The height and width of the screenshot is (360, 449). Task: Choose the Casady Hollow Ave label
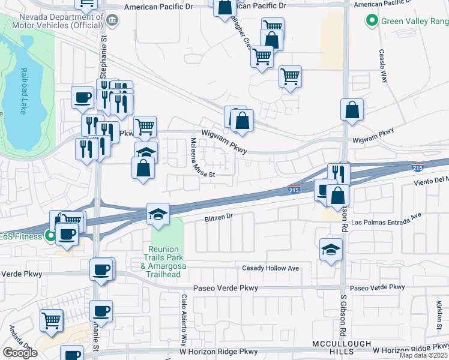click(x=270, y=268)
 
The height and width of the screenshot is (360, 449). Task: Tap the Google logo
click(x=20, y=353)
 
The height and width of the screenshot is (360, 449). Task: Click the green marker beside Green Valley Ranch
click(x=371, y=22)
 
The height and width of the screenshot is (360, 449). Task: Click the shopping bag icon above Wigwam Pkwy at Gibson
click(x=352, y=110)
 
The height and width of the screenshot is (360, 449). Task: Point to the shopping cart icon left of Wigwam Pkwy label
click(x=145, y=126)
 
